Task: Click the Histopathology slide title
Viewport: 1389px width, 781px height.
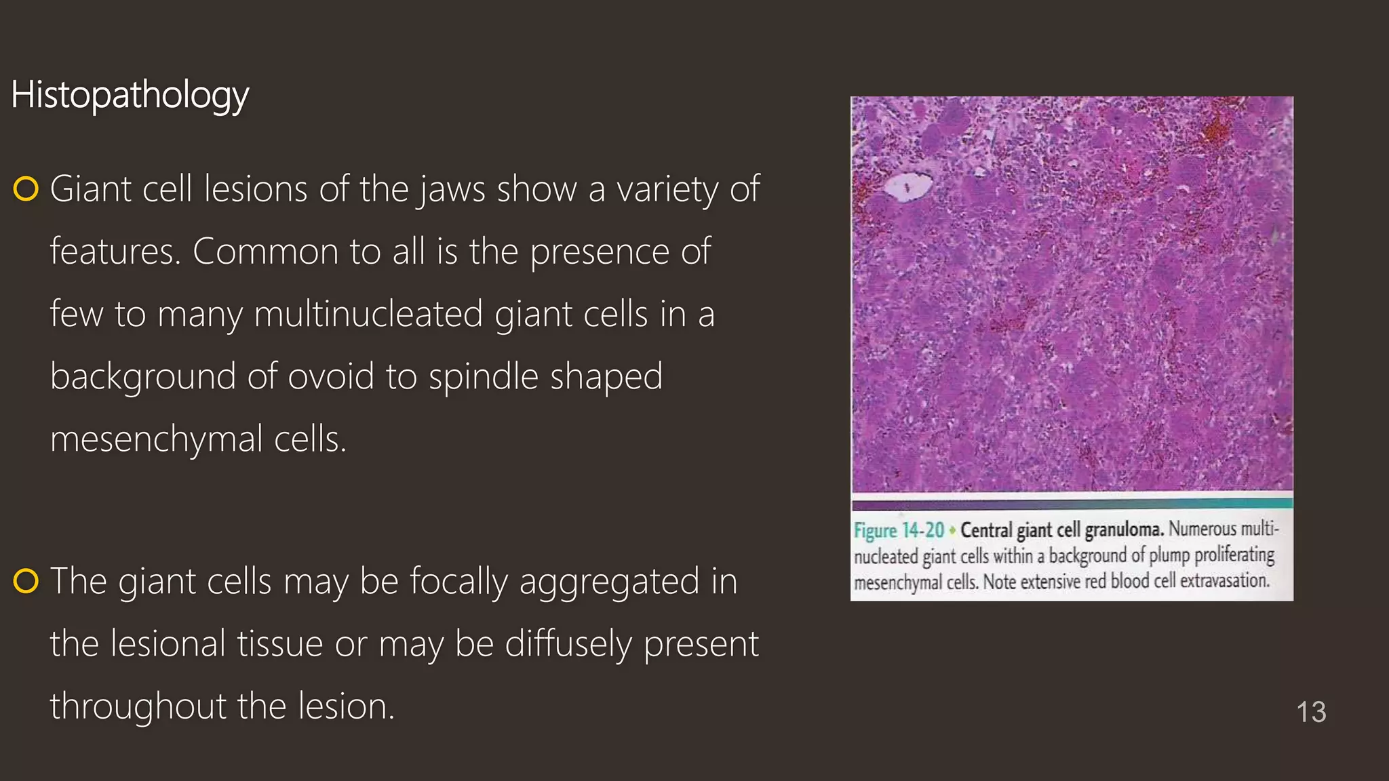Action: pos(130,95)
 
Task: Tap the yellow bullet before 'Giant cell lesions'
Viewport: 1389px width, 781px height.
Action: pos(26,189)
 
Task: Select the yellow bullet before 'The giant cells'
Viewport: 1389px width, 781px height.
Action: pos(26,582)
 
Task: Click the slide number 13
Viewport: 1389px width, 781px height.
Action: pos(1311,712)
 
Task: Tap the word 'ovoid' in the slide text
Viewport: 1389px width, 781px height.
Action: pos(331,377)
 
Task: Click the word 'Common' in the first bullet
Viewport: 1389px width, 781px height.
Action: pos(265,252)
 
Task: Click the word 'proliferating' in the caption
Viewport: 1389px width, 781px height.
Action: pos(1234,555)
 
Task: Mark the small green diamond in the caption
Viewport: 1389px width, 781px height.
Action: pos(952,530)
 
